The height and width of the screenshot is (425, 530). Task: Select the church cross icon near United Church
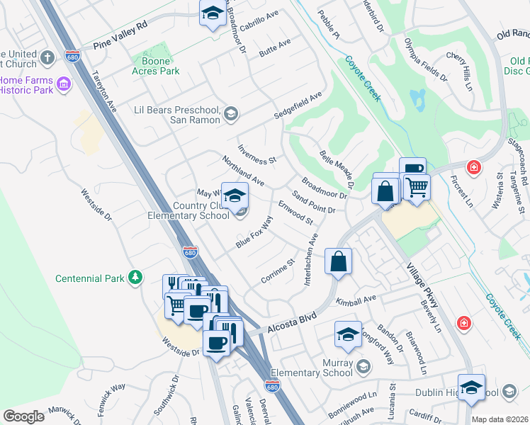pyautogui.click(x=48, y=57)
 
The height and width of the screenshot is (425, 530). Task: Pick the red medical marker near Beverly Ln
pyautogui.click(x=463, y=323)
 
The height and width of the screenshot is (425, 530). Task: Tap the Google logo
pyautogui.click(x=24, y=416)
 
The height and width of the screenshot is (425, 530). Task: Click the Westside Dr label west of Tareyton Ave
pyautogui.click(x=96, y=205)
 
